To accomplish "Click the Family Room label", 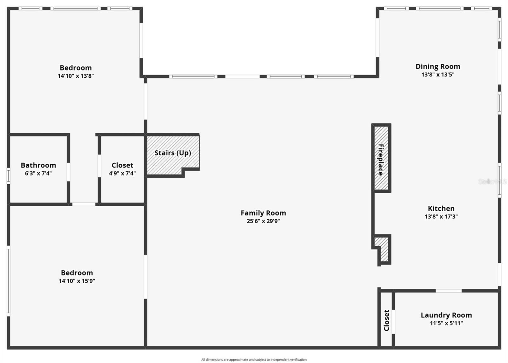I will (x=263, y=213).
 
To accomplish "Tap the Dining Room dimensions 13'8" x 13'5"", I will (x=438, y=75).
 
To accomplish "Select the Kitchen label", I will (x=441, y=208).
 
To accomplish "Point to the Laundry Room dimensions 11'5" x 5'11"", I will (x=446, y=323).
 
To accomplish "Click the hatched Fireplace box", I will (x=381, y=158).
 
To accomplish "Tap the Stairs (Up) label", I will (x=173, y=153).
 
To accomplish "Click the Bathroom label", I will (x=38, y=165).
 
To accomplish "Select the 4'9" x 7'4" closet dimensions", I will (x=122, y=173).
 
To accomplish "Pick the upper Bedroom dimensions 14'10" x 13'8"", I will (x=76, y=76).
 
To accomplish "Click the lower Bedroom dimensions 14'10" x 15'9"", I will (x=77, y=281).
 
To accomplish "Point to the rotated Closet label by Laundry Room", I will (x=386, y=320).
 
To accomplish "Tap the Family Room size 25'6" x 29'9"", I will (x=263, y=221).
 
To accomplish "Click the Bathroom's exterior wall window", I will (x=9, y=176).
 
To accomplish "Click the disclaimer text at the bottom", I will (x=254, y=360).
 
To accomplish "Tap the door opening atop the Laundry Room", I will (x=448, y=291).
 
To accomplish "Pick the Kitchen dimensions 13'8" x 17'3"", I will (x=441, y=217).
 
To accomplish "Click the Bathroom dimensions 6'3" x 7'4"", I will (x=38, y=173).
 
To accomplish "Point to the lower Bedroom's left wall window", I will (x=9, y=281).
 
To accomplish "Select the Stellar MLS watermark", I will (x=492, y=181).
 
